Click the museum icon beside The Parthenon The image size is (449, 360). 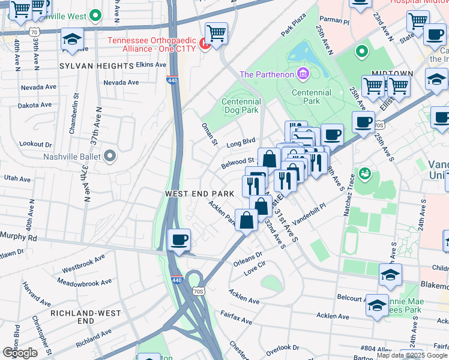pyautogui.click(x=303, y=74)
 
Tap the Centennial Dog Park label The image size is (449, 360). pyautogui.click(x=240, y=106)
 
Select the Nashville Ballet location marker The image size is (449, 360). pyautogui.click(x=109, y=157)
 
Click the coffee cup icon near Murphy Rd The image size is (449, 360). pyautogui.click(x=179, y=241)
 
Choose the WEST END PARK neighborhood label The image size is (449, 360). pyautogui.click(x=199, y=194)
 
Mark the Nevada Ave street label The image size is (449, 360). pyautogui.click(x=121, y=82)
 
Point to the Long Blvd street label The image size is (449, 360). pyautogui.click(x=241, y=143)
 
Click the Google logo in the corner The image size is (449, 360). pyautogui.click(x=20, y=353)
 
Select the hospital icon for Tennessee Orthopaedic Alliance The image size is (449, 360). pyautogui.click(x=204, y=44)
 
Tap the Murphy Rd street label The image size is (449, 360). pyautogui.click(x=18, y=237)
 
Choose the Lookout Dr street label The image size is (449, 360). pyautogui.click(x=35, y=145)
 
